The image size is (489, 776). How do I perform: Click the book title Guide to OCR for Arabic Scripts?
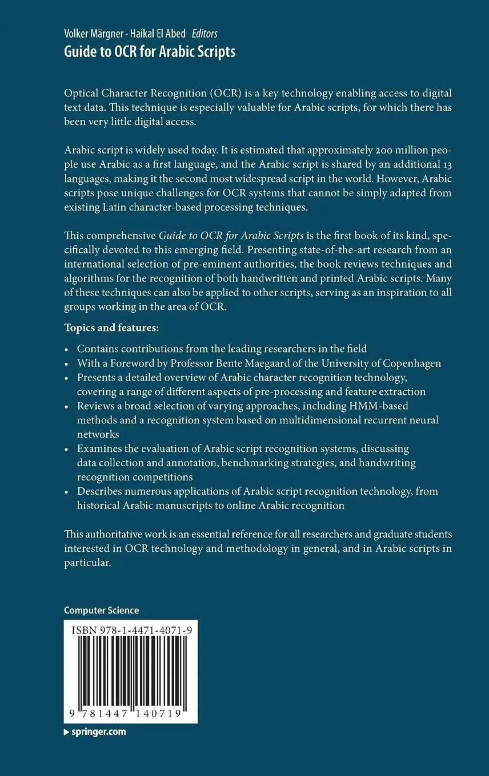point(150,52)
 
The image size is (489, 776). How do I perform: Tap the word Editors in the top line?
point(205,34)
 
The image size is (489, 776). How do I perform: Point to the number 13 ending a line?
point(446,165)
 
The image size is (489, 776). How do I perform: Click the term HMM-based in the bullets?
point(381,406)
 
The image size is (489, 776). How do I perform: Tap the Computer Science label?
point(101,611)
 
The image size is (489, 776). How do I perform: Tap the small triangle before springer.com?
point(66,733)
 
